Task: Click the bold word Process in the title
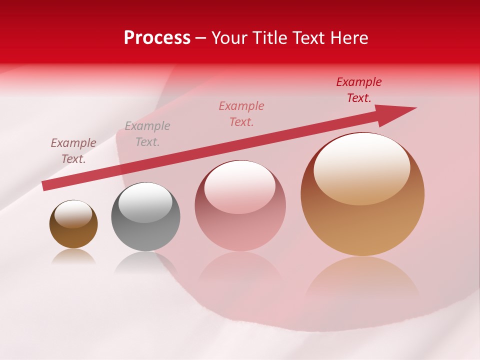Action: tap(157, 38)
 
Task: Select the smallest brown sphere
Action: tap(73, 224)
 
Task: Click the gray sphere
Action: tap(145, 217)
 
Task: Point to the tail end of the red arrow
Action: tap(46, 185)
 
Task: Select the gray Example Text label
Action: tap(147, 134)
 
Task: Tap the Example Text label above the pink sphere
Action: tap(241, 114)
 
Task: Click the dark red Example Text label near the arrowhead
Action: tap(359, 90)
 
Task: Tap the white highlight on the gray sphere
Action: tap(145, 202)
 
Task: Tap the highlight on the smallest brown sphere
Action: tap(73, 214)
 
